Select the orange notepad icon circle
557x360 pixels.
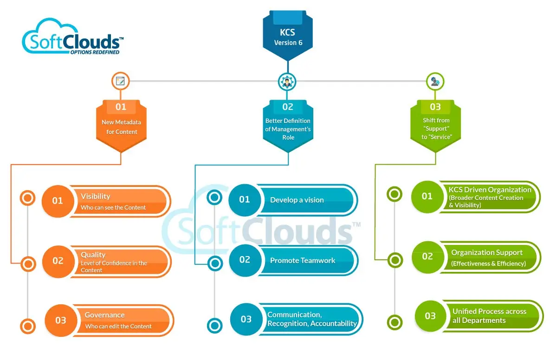click(x=121, y=81)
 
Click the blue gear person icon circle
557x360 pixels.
click(x=287, y=82)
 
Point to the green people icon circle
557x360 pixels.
click(x=435, y=82)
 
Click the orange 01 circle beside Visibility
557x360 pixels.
click(x=58, y=201)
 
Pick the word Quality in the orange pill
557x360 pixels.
click(x=93, y=255)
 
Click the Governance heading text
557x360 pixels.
click(x=104, y=315)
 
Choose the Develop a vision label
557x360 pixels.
click(x=297, y=200)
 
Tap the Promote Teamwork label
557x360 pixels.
click(x=303, y=260)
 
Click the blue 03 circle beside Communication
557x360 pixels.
click(x=246, y=319)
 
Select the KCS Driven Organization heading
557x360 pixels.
click(x=490, y=189)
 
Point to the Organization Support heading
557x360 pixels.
click(x=487, y=252)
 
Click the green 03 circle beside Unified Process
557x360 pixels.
click(x=430, y=316)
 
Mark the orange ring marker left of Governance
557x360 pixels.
click(x=28, y=324)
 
